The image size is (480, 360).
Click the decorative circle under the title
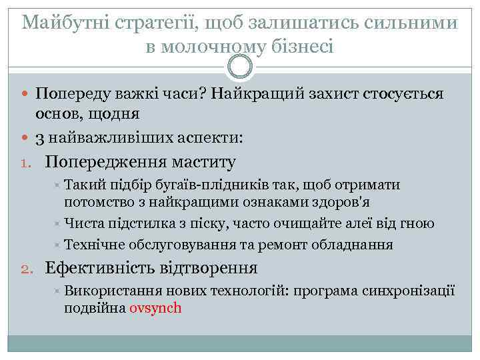(240, 67)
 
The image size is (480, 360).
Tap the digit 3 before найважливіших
(40, 139)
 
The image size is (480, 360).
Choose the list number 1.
(26, 162)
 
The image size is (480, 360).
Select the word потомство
(99, 201)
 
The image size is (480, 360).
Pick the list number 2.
(26, 269)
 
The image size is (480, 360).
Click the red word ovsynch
(155, 309)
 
